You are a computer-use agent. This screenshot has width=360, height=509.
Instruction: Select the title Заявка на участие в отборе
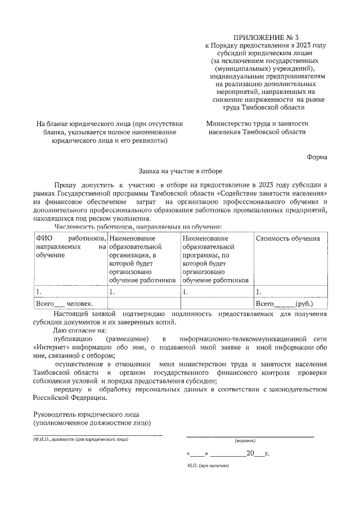pyautogui.click(x=180, y=170)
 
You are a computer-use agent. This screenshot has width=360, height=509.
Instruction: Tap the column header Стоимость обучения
pyautogui.click(x=288, y=238)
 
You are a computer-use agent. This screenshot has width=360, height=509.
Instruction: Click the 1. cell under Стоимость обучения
pyautogui.click(x=259, y=292)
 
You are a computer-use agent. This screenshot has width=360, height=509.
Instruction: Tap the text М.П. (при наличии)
pyautogui.click(x=209, y=466)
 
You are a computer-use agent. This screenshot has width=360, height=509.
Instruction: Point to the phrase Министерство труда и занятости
pyautogui.click(x=257, y=123)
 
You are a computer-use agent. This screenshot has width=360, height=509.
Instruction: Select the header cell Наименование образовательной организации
pyautogui.click(x=143, y=259)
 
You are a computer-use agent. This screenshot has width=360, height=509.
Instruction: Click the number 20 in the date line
pyautogui.click(x=250, y=453)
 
